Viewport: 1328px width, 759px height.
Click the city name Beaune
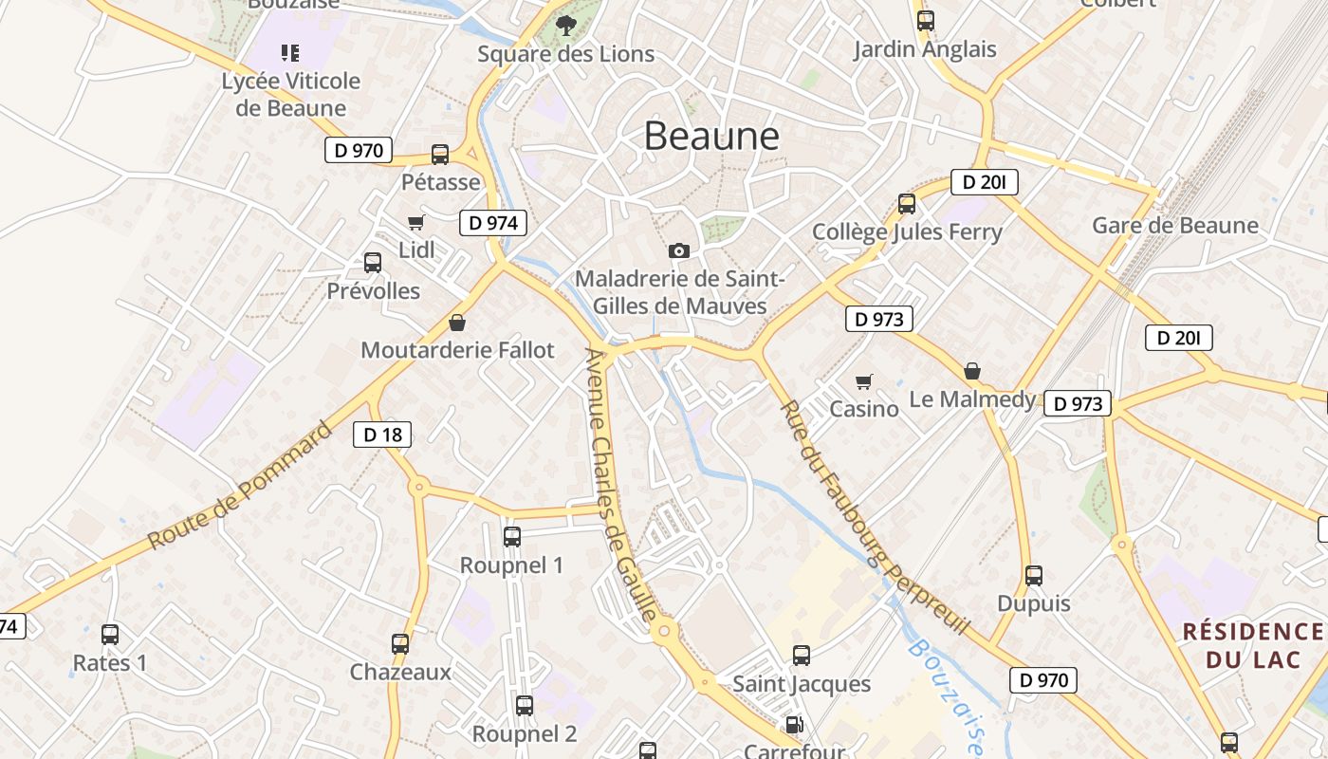point(711,137)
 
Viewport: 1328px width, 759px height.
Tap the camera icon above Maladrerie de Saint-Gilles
point(679,250)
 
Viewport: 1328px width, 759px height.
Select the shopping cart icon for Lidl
point(415,223)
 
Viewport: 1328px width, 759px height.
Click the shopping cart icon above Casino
point(863,381)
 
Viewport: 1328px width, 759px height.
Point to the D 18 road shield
point(382,435)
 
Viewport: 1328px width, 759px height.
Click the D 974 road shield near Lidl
point(493,223)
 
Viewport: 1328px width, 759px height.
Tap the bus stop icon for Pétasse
point(440,154)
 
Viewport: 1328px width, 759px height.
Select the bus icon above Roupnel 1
point(512,537)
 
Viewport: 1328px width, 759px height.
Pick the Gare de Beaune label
point(1175,226)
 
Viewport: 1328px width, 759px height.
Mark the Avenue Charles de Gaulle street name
point(621,484)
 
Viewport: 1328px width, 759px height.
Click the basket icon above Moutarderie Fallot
point(457,323)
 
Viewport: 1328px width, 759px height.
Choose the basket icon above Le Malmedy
point(972,371)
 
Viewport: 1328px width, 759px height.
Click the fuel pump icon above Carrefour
point(794,725)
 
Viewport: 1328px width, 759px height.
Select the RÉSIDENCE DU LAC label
point(1252,645)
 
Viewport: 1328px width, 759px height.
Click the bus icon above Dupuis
point(1034,576)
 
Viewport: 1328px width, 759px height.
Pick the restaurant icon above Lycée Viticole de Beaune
point(290,53)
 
